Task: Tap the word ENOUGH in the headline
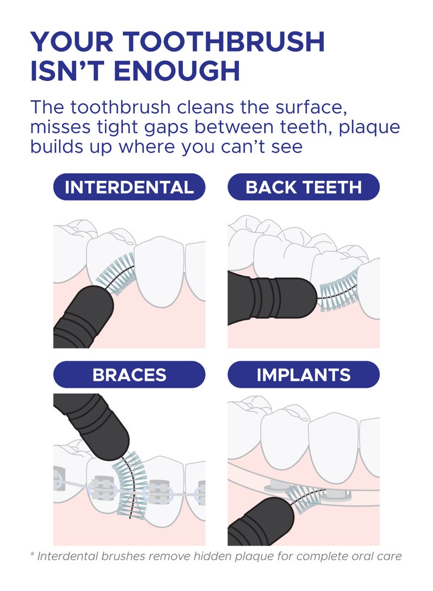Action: click(176, 71)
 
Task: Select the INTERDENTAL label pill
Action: click(129, 187)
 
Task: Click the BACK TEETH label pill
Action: click(304, 187)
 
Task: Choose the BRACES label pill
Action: click(129, 375)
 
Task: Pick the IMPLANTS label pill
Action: click(304, 375)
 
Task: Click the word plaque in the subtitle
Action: click(369, 128)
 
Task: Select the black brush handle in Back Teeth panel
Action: click(271, 298)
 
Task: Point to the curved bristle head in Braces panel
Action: click(130, 486)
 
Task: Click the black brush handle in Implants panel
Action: click(260, 522)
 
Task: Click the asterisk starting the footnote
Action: click(32, 555)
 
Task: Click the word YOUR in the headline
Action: click(71, 42)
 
